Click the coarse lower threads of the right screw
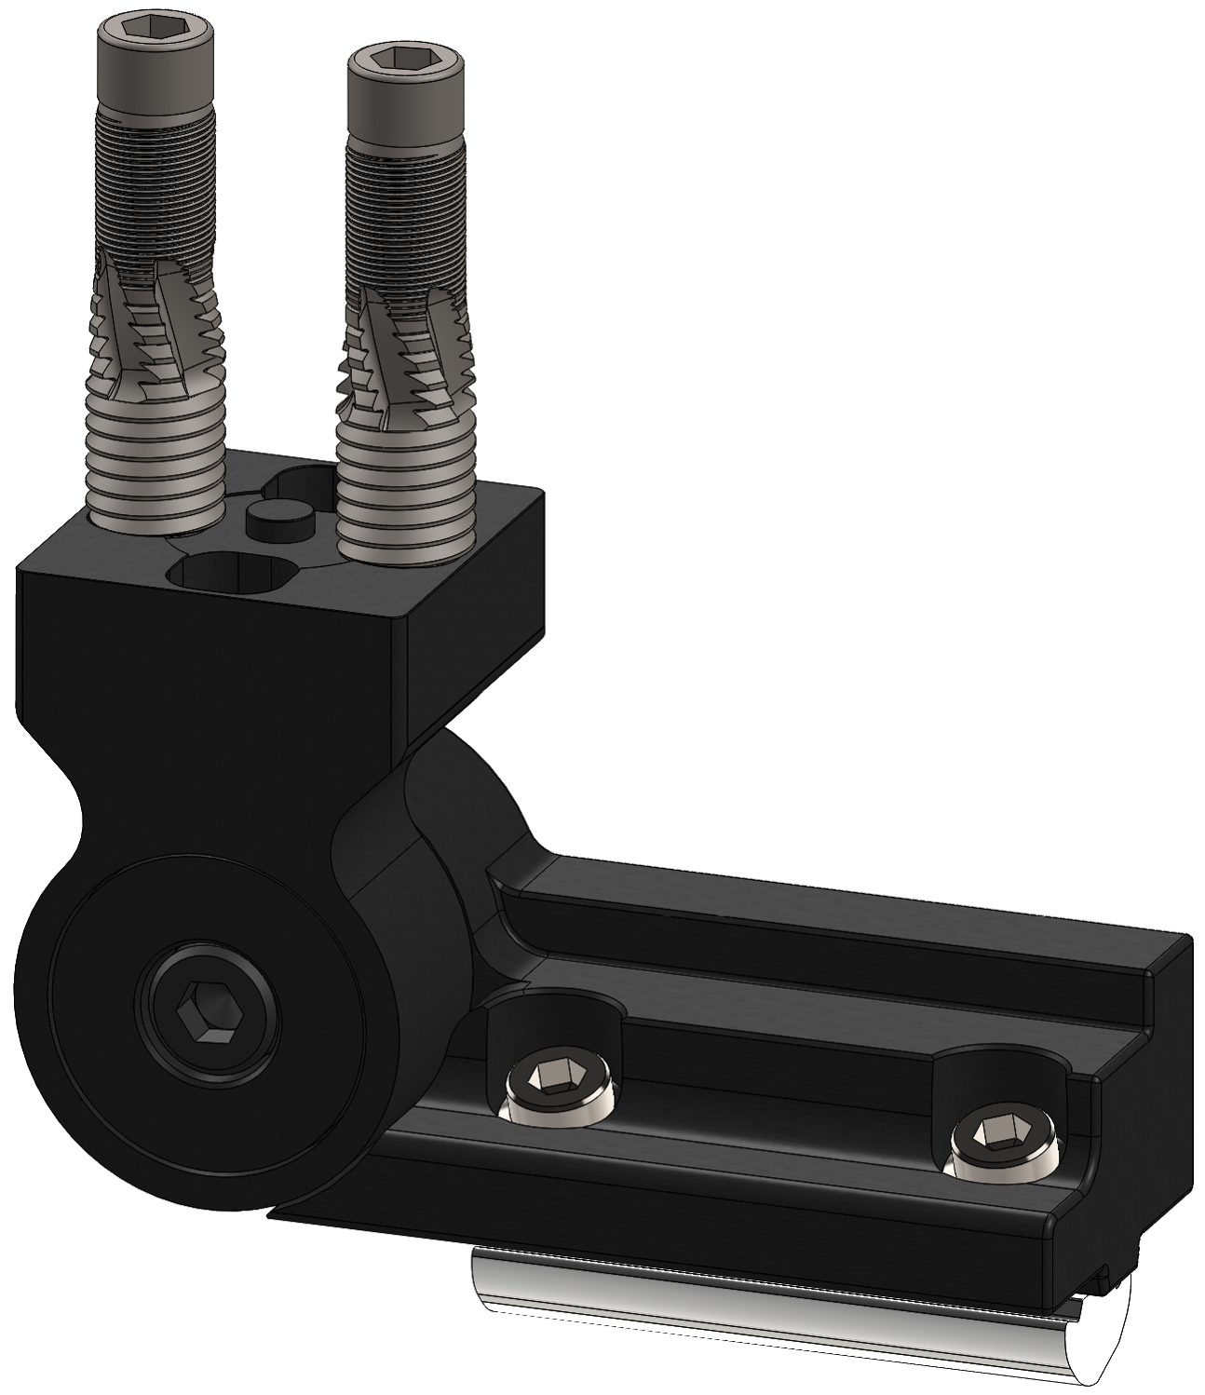407,494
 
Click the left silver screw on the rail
556,1090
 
